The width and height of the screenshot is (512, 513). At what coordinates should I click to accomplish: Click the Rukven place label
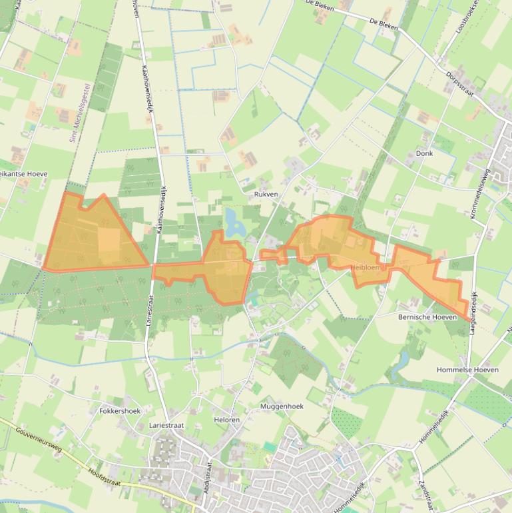(x=266, y=195)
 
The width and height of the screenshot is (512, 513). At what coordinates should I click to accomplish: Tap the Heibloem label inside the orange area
(x=366, y=267)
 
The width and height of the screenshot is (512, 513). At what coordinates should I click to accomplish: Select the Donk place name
(x=424, y=153)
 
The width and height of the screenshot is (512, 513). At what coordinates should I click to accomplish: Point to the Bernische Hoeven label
(x=427, y=317)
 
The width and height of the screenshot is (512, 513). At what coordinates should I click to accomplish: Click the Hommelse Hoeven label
(x=467, y=370)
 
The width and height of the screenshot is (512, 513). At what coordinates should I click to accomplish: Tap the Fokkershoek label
(x=120, y=411)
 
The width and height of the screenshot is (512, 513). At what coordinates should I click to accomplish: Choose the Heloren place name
(x=227, y=420)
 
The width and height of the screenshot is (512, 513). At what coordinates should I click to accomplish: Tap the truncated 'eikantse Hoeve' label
(x=24, y=174)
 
